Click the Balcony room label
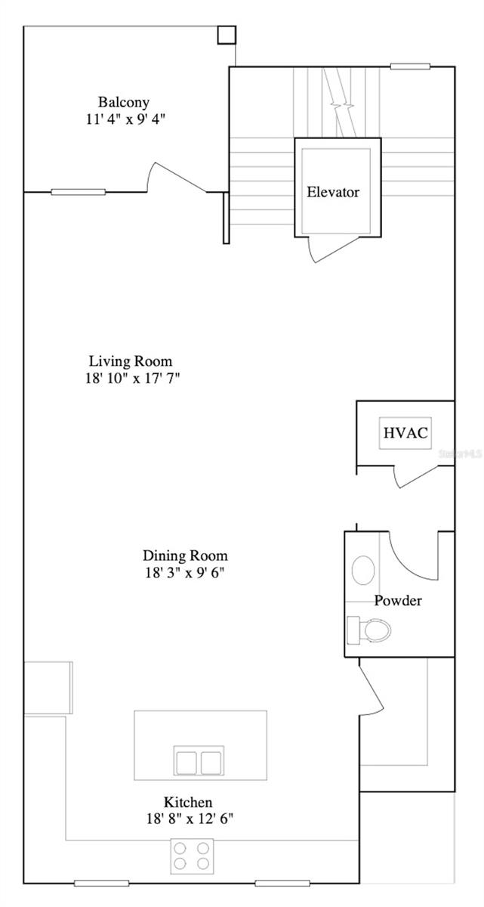pos(123,102)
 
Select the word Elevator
pos(333,192)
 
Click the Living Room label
pos(131,361)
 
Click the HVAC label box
pos(405,433)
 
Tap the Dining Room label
pos(186,556)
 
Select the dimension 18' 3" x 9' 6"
pos(186,573)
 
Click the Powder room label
pos(398,601)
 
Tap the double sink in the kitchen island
pos(199,760)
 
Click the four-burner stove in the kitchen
pos(192,856)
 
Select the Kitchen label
pos(188,802)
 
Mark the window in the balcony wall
pos(78,192)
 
